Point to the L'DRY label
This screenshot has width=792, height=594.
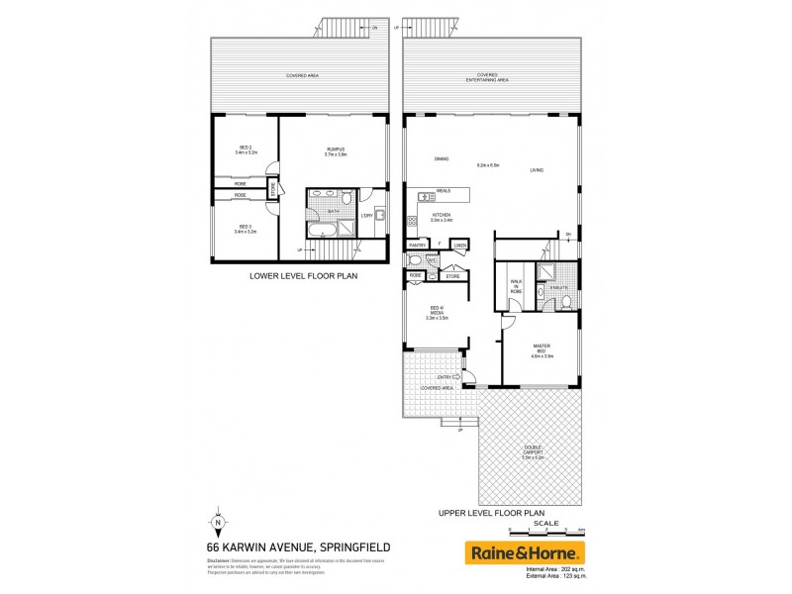tap(365, 215)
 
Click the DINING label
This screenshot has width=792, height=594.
tap(442, 158)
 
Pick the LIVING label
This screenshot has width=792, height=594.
tap(536, 171)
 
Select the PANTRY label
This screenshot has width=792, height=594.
tap(417, 244)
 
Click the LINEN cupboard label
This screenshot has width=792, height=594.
tap(460, 244)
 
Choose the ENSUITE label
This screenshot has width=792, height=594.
tap(559, 287)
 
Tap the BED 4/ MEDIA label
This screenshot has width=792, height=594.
tap(437, 315)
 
